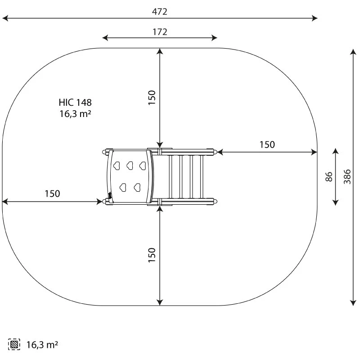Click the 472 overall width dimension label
pyautogui.click(x=160, y=12)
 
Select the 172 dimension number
pyautogui.click(x=160, y=32)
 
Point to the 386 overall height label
pyautogui.click(x=347, y=176)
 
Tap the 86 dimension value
pyautogui.click(x=329, y=176)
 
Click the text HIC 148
pyautogui.click(x=75, y=103)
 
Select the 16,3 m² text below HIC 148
pyautogui.click(x=75, y=114)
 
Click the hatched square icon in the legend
pyautogui.click(x=14, y=344)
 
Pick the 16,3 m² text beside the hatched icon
pyautogui.click(x=42, y=345)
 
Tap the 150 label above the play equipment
pyautogui.click(x=152, y=98)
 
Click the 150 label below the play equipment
pyautogui.click(x=152, y=255)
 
